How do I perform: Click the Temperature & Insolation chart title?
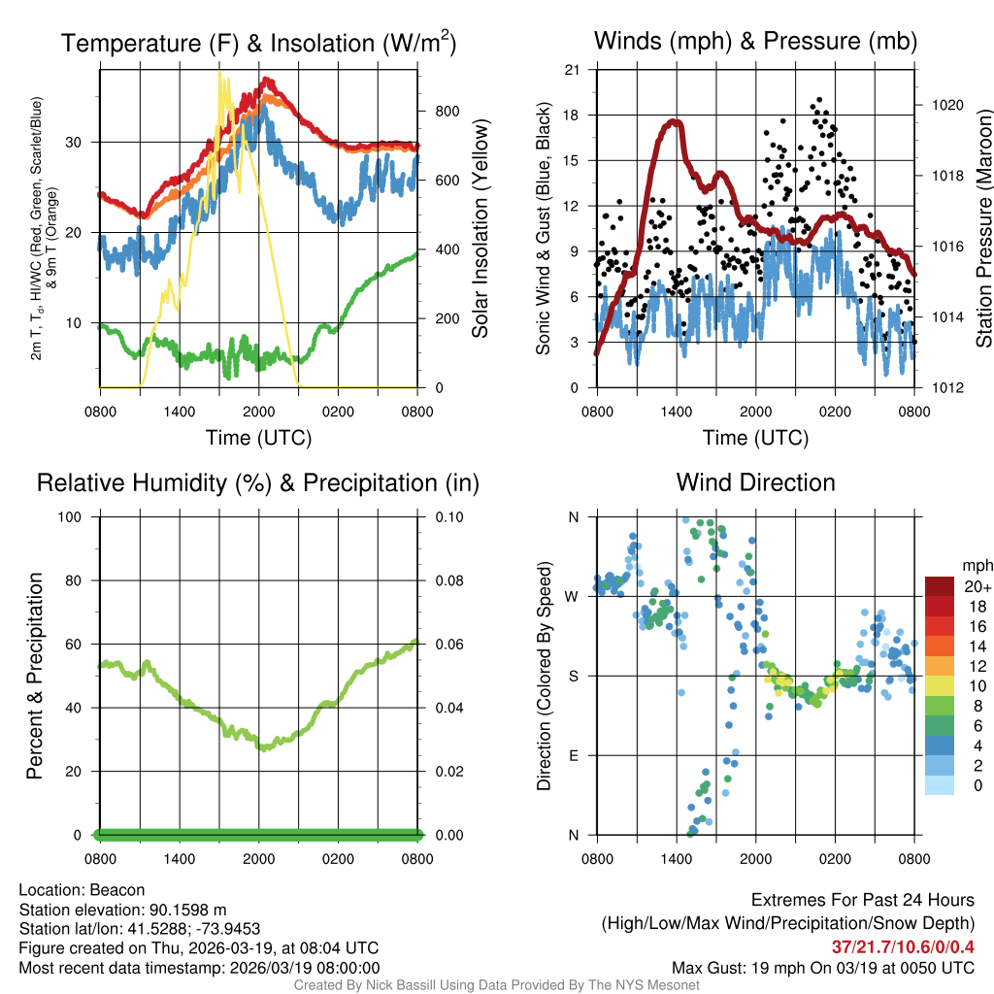coord(259,43)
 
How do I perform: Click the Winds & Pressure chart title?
coord(756,41)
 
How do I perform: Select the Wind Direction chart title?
coord(756,482)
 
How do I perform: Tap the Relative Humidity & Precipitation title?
coord(258,482)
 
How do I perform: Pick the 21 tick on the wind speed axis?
coord(573,69)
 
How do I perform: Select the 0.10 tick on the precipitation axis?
coord(447,516)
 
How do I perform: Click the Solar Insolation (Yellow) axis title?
coord(480,229)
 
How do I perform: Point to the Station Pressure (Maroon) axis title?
coord(983,229)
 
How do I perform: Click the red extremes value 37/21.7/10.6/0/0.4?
coord(903,946)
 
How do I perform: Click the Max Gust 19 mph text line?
coord(823,968)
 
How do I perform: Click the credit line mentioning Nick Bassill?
coord(496,984)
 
